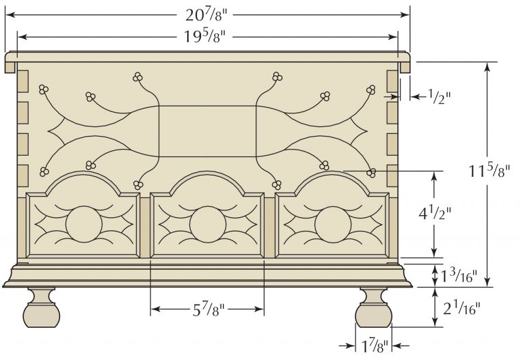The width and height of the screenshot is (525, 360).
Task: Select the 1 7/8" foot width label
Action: [373, 346]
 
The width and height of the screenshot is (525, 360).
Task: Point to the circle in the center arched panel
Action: [207, 223]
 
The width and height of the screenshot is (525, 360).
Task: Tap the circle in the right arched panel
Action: [332, 223]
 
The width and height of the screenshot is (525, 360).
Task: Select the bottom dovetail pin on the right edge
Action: [392, 176]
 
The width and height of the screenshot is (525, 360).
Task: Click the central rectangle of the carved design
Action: [207, 130]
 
